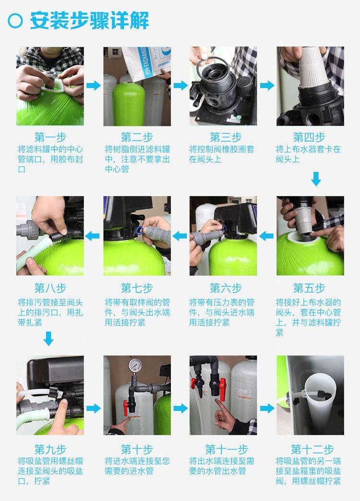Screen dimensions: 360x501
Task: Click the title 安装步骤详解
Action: coord(90,21)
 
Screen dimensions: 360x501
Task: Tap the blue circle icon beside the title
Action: coord(15,21)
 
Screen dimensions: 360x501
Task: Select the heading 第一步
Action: coord(50,137)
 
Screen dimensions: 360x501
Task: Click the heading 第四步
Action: coord(309,137)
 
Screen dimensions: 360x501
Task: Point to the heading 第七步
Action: coord(137,288)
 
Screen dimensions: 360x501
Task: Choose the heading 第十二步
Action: coord(312,449)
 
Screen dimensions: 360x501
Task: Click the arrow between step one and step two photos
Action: coord(94,86)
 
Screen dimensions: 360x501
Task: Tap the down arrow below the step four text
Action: coord(316,179)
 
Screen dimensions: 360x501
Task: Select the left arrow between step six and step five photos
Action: coord(266,236)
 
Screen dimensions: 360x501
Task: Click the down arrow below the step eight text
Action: coord(48,339)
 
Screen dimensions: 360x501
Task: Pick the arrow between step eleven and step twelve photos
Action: coord(267,408)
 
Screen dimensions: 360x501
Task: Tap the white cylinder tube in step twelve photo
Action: coord(320,403)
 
